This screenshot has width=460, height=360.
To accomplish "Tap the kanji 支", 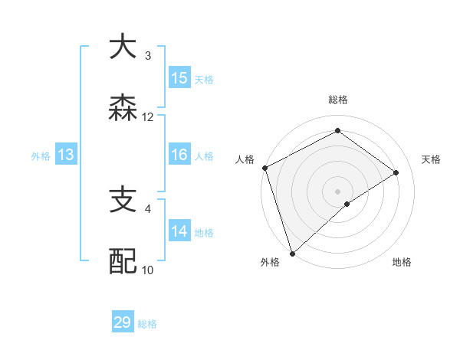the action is click(x=123, y=200).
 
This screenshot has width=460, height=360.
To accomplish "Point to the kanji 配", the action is click(x=123, y=261).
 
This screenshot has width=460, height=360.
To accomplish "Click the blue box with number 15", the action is click(x=179, y=78).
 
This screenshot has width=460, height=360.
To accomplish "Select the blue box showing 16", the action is click(x=179, y=155).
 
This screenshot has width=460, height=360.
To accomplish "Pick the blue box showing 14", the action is click(x=179, y=231).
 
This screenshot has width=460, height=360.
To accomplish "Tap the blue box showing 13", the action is click(x=66, y=155).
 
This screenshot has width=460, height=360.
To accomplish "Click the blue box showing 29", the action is click(x=123, y=322).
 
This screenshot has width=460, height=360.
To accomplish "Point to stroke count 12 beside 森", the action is click(x=148, y=117).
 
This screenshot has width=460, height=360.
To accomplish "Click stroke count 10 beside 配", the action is click(x=148, y=270).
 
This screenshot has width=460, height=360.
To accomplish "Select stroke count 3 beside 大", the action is click(x=148, y=56).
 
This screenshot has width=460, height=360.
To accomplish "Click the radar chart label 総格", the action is click(x=338, y=100).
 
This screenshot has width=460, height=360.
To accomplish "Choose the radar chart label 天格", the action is click(x=432, y=159).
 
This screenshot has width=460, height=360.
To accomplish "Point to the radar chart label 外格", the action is click(x=270, y=262).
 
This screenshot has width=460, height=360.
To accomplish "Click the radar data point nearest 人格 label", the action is click(x=264, y=168).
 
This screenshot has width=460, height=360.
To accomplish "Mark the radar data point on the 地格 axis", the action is click(x=347, y=204).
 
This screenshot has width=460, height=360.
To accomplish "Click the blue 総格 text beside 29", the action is click(x=147, y=324).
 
